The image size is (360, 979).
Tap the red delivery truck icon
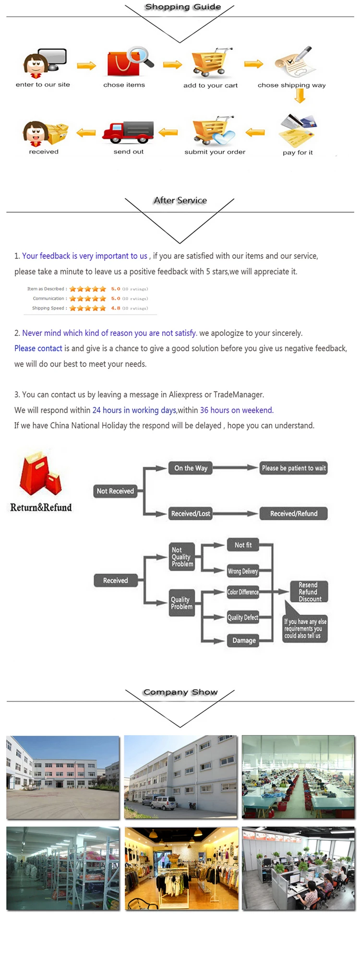click(128, 131)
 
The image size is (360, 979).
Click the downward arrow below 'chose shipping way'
click(300, 96)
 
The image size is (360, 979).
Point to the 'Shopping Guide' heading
click(183, 7)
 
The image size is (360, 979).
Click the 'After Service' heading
click(180, 200)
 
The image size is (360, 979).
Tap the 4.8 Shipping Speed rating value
click(116, 308)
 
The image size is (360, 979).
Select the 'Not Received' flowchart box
click(115, 491)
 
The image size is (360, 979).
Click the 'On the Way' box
click(191, 468)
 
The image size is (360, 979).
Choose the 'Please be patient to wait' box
click(293, 468)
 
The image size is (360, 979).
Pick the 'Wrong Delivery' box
click(243, 571)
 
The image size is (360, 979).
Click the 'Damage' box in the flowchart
click(244, 640)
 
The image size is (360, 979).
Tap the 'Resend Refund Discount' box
click(309, 592)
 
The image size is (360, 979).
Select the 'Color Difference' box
click(243, 592)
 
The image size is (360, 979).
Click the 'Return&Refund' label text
click(41, 507)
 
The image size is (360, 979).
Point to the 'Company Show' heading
click(180, 692)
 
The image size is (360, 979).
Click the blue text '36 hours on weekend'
click(237, 410)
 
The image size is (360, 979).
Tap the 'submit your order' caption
click(215, 152)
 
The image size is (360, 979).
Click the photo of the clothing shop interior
click(181, 868)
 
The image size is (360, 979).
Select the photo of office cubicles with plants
click(299, 868)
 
